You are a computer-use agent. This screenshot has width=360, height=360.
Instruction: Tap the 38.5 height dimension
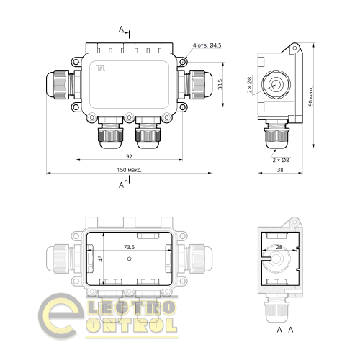tap(220, 85)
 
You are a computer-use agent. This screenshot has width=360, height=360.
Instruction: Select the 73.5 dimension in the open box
tap(130, 247)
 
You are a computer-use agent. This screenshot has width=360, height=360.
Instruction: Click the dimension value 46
tap(101, 257)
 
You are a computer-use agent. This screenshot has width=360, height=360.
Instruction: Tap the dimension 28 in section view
tap(279, 247)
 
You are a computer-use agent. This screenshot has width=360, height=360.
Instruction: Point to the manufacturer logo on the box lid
tap(100, 70)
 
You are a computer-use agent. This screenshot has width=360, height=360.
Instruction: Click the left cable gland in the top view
tap(59, 85)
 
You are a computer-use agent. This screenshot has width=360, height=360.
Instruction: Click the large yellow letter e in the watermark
tap(61, 317)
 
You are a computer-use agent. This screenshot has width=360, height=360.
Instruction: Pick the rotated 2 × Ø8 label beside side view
tap(250, 85)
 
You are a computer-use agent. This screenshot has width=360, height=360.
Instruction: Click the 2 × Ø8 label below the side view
tap(282, 159)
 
